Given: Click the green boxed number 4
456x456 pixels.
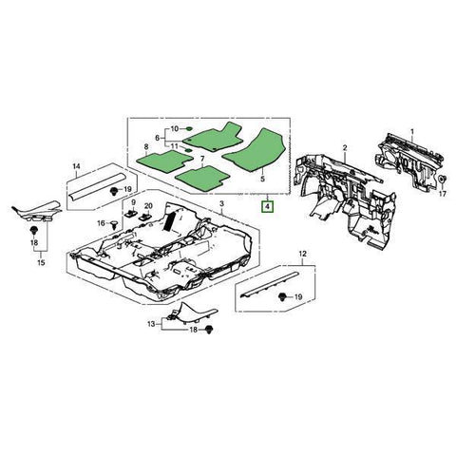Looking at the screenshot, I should [x=268, y=205].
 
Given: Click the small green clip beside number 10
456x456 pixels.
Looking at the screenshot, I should [x=189, y=128].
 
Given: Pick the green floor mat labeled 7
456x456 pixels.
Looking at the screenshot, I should [x=201, y=175].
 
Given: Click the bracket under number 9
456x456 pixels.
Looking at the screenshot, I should [x=134, y=218].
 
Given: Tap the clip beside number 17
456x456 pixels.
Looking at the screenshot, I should [x=442, y=180].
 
